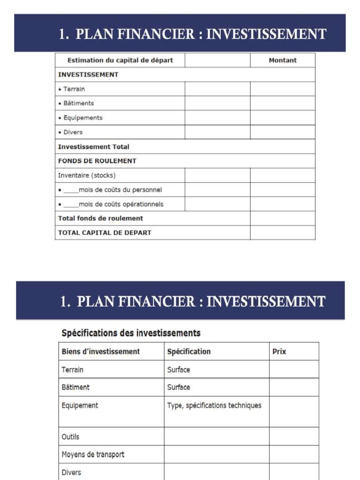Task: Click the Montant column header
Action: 283,60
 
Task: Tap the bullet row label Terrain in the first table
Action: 74,89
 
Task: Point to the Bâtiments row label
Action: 78,103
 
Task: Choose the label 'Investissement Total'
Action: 93,147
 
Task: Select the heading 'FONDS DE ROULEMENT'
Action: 97,161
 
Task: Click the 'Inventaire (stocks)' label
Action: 87,175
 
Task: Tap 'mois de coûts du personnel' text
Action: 120,190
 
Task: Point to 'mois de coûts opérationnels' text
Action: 121,204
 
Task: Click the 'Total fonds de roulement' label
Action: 100,218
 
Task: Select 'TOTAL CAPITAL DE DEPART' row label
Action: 105,232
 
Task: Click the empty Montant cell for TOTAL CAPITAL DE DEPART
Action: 282,232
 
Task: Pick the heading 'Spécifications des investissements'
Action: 131,333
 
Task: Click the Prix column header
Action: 279,351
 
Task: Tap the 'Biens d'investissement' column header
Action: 101,351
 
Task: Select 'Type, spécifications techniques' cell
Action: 214,405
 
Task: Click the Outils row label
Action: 70,436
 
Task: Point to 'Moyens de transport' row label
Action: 93,454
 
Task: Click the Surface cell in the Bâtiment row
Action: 179,387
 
